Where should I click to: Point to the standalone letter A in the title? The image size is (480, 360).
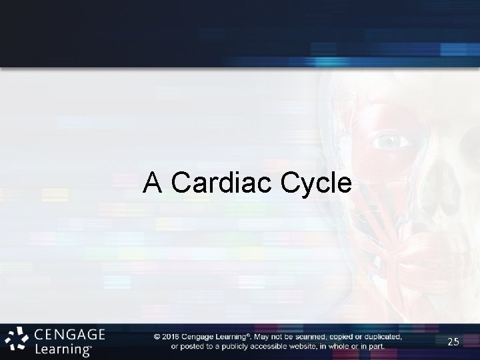153,182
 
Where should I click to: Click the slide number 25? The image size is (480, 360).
454,342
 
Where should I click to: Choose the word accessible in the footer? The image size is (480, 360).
275,345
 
